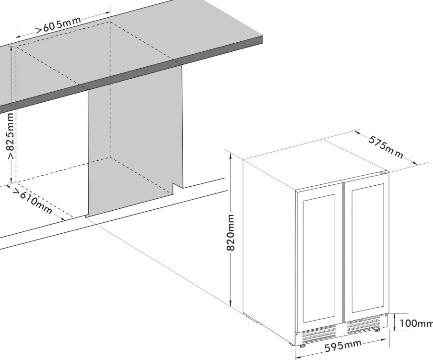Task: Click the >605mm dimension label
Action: (x=59, y=24)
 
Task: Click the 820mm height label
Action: (x=231, y=232)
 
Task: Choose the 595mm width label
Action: (x=343, y=346)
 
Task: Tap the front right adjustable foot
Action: (x=377, y=330)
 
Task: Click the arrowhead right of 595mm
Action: (x=386, y=339)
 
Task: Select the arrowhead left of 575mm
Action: (x=358, y=132)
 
